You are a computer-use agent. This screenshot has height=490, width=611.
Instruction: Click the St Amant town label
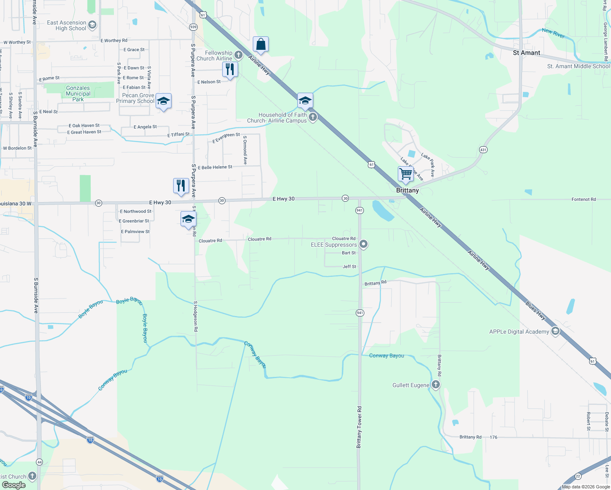tap(526, 53)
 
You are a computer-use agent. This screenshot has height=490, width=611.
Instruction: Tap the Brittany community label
tap(407, 190)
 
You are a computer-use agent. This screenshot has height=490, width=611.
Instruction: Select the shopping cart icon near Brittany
tap(406, 174)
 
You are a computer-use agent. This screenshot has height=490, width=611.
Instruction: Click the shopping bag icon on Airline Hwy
tap(261, 44)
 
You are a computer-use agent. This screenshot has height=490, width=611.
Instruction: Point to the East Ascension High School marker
tap(92, 25)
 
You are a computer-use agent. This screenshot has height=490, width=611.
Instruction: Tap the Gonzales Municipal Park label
tap(78, 94)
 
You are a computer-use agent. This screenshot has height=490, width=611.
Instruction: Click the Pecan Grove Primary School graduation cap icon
tap(163, 101)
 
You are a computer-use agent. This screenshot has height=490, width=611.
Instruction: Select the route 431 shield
tap(483, 150)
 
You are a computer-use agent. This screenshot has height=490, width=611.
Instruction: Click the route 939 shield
tap(194, 27)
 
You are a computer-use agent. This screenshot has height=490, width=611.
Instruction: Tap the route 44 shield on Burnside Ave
tap(39, 462)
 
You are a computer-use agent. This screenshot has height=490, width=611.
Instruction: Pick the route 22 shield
tap(578, 476)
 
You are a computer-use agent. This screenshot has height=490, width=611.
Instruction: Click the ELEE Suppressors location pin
tap(363, 245)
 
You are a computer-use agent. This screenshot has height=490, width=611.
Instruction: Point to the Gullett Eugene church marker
tap(436, 385)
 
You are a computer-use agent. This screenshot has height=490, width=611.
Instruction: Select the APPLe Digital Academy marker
tap(555, 331)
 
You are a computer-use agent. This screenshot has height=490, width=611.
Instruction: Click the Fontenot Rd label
tap(583, 199)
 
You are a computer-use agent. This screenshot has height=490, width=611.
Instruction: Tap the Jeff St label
tap(349, 267)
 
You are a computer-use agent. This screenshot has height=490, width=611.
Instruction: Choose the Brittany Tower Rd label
tap(359, 427)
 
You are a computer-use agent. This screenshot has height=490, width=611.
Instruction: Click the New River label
tap(553, 33)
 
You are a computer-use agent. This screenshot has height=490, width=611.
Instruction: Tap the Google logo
tap(13, 485)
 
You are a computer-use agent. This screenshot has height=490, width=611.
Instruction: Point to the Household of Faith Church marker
tap(313, 118)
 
